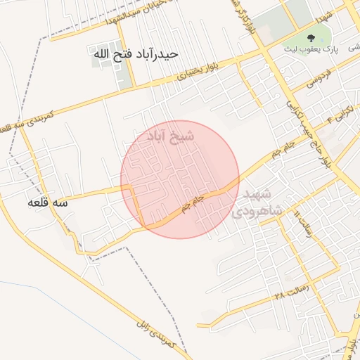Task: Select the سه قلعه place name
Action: (48, 202)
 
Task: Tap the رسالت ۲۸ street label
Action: (290, 291)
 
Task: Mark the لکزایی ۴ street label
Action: (340, 115)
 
